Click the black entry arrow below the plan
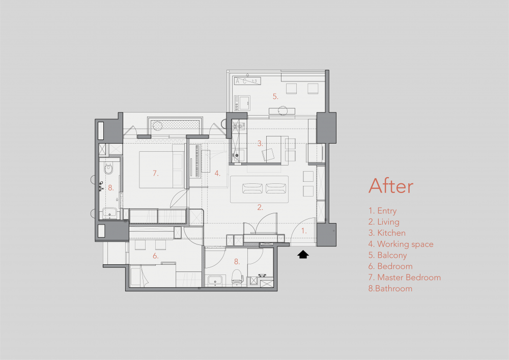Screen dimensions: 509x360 [x=303, y=254]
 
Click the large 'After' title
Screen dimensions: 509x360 [x=391, y=186]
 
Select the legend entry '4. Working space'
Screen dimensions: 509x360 [x=401, y=244]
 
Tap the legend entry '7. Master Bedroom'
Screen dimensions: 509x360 [x=405, y=277]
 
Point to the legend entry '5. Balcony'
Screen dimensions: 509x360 [x=387, y=256]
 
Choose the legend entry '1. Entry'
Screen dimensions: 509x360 [x=382, y=211]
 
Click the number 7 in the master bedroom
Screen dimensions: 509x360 [x=155, y=173]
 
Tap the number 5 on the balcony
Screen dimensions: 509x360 [x=275, y=96]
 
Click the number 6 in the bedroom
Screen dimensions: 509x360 [x=155, y=256]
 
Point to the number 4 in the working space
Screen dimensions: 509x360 [x=217, y=173]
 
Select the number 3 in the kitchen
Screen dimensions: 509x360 [x=260, y=143]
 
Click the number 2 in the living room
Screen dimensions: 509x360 [x=260, y=207]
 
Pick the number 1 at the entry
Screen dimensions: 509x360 [x=304, y=231]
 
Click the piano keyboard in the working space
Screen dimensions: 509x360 [x=197, y=161]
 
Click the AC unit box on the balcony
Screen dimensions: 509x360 [x=247, y=81]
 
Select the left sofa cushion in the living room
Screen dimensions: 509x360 [x=252, y=188]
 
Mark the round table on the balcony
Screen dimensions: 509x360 [x=282, y=110]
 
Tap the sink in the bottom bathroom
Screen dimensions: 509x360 [x=215, y=280]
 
